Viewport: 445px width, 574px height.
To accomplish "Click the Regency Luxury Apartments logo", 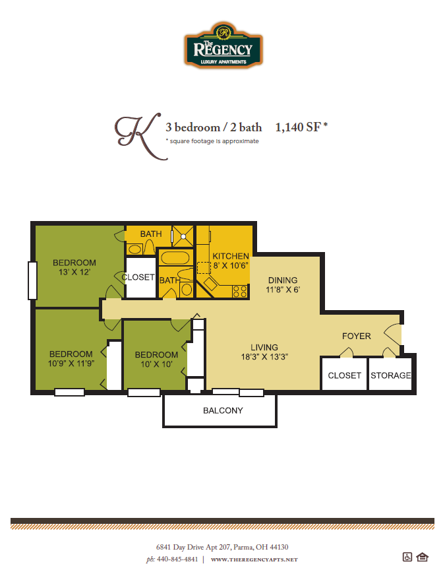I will pyautogui.click(x=222, y=45).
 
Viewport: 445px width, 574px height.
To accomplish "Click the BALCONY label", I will pyautogui.click(x=223, y=410).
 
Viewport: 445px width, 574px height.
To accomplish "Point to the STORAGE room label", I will pyautogui.click(x=390, y=375).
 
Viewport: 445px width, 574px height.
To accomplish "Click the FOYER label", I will pyautogui.click(x=356, y=336).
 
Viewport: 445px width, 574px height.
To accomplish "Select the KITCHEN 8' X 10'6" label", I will pyautogui.click(x=231, y=261).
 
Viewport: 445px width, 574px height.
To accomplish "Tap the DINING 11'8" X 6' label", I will pyautogui.click(x=282, y=284).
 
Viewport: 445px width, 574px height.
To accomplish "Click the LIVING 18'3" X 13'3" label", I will pyautogui.click(x=264, y=352).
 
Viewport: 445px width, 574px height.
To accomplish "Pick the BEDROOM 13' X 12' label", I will pyautogui.click(x=74, y=267).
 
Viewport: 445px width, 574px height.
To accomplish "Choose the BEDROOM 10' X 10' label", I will pyautogui.click(x=158, y=359).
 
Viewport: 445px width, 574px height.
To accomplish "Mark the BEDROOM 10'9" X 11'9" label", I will pyautogui.click(x=71, y=358).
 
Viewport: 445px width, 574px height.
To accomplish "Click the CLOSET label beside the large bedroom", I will pyautogui.click(x=138, y=277).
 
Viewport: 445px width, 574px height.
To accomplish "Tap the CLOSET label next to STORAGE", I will pyautogui.click(x=344, y=375).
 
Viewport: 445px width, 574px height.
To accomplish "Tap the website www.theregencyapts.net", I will pyautogui.click(x=254, y=559).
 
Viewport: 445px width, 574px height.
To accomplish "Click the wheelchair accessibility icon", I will pyautogui.click(x=407, y=557).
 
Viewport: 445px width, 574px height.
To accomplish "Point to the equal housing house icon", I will pyautogui.click(x=423, y=557).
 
